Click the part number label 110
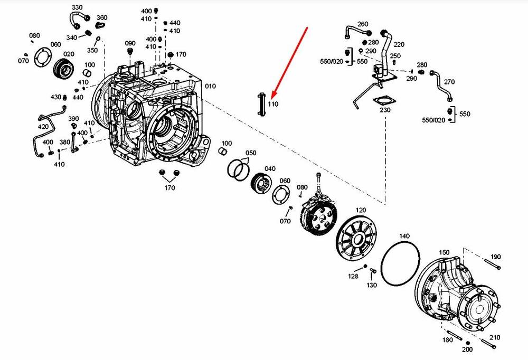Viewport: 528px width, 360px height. tap(272, 105)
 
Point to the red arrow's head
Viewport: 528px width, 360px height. tap(271, 97)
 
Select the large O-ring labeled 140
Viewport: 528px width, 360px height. tap(401, 261)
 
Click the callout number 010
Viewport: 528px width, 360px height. tap(210, 86)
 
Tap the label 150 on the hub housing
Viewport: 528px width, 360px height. tap(445, 252)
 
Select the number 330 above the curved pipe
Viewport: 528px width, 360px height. tap(77, 7)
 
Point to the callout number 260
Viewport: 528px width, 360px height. tap(363, 24)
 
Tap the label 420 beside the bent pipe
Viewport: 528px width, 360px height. tap(43, 127)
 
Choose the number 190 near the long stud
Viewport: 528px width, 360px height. tap(495, 257)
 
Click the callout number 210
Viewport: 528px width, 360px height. tap(495, 337)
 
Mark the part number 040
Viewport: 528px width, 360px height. tap(270, 168)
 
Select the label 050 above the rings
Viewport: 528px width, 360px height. tap(251, 153)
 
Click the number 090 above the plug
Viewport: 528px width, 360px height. tap(130, 43)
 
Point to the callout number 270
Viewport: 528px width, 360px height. tap(449, 82)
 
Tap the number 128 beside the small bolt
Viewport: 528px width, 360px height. tap(353, 276)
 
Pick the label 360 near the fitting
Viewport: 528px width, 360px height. tap(102, 17)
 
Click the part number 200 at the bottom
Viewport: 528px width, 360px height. tap(467, 349)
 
